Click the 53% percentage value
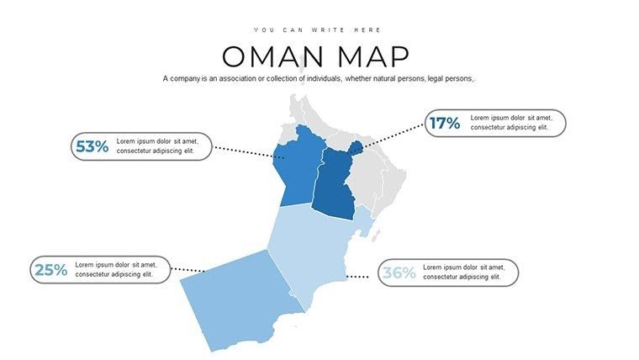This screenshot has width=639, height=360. click(92, 146)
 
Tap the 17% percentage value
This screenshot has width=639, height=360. click(445, 124)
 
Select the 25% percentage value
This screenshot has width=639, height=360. click(50, 270)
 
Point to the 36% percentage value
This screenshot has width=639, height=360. click(399, 273)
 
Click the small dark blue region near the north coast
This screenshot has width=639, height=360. click(356, 148)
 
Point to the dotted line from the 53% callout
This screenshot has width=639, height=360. click(246, 152)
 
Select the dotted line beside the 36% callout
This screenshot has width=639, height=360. click(360, 276)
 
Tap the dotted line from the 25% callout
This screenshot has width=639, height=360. click(188, 270)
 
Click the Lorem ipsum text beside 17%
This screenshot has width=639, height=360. click(510, 123)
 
